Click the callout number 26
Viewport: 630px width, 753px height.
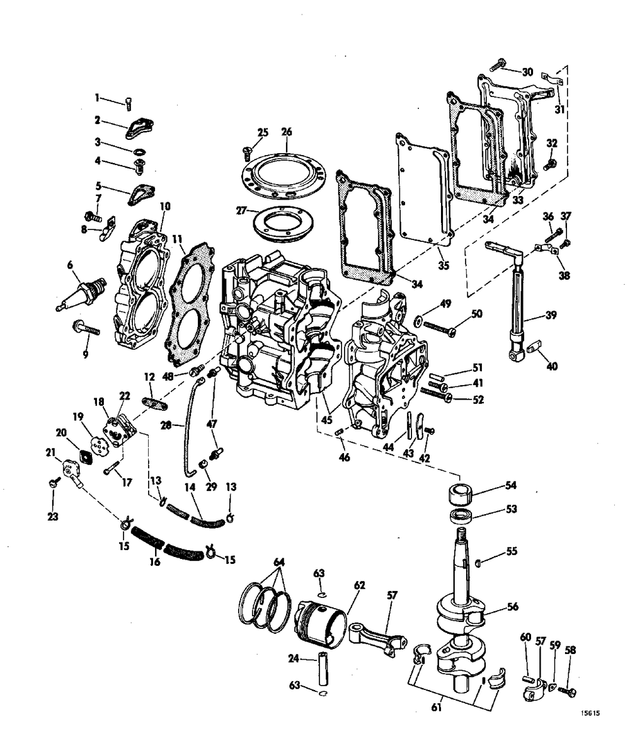pos(287,132)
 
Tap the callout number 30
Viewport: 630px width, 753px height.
pos(527,72)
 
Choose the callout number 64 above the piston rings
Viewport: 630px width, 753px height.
pos(279,561)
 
